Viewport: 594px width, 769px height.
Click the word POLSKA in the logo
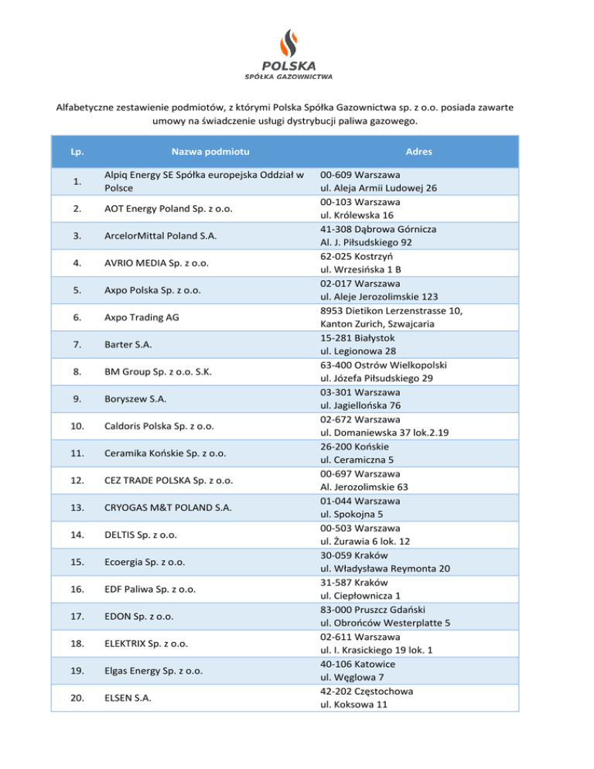tap(288, 65)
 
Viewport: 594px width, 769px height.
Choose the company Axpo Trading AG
tap(142, 317)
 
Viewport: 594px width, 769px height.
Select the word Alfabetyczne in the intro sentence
tap(88, 106)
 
